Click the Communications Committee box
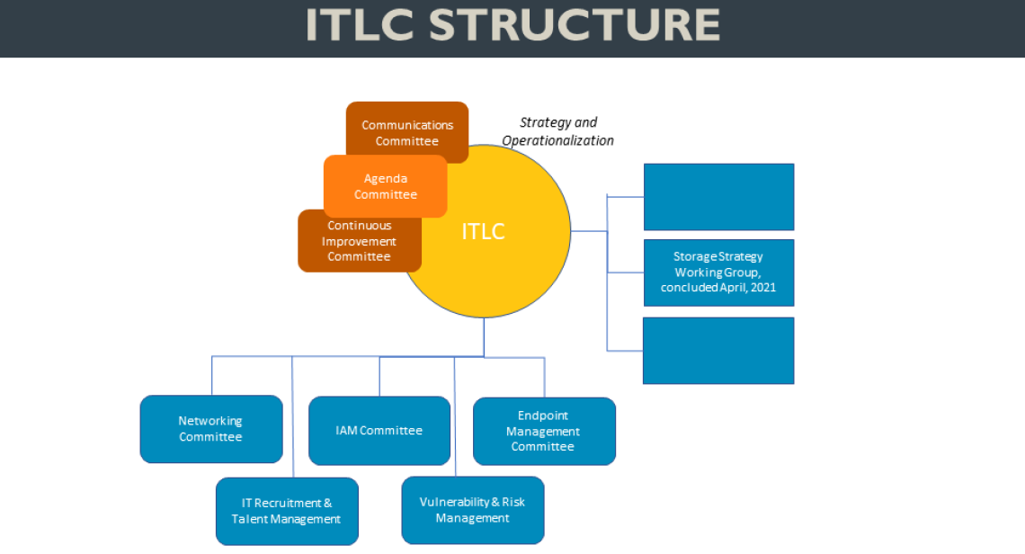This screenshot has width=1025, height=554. (407, 122)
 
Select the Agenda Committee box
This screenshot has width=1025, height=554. (385, 186)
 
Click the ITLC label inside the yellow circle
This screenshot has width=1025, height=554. (483, 231)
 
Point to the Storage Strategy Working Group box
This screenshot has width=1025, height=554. (718, 272)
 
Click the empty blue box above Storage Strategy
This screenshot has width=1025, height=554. (718, 197)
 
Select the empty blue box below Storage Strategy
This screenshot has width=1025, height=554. (718, 350)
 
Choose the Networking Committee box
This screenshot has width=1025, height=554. (210, 429)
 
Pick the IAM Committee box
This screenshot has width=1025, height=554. (379, 430)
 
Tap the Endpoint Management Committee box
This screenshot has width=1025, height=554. (544, 431)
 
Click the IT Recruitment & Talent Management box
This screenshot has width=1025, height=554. (286, 511)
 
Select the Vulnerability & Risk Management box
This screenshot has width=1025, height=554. (472, 510)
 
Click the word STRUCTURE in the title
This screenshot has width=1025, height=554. (575, 25)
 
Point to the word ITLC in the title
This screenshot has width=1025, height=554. (359, 25)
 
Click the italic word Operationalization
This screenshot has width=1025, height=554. (557, 140)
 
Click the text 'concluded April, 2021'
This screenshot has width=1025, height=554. (718, 288)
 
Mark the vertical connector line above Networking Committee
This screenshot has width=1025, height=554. (212, 376)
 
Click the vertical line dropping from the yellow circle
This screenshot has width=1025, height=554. (484, 336)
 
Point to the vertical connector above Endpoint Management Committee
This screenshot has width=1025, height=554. (544, 378)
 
